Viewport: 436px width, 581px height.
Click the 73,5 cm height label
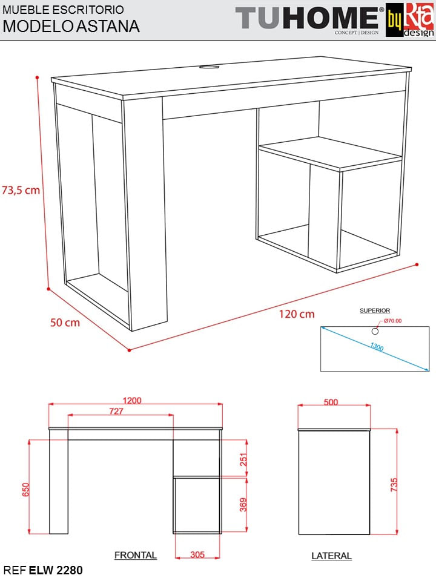pos(21,190)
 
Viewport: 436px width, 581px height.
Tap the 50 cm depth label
pos(65,323)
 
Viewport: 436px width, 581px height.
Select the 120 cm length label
pos(297,314)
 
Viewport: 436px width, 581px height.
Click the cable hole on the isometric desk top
pos(209,67)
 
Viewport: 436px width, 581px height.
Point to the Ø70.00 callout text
pos(392,321)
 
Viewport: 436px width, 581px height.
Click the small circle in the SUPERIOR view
pos(375,331)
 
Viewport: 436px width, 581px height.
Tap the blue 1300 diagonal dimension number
pos(377,347)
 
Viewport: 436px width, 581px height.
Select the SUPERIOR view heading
pos(375,310)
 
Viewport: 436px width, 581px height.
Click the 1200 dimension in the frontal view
pos(132,401)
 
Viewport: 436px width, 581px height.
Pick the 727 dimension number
pos(116,412)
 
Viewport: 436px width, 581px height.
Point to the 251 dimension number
pos(243,459)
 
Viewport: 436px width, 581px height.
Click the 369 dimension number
pos(243,505)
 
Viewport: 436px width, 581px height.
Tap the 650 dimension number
pos(25,490)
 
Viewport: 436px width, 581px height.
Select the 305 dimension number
pos(197,554)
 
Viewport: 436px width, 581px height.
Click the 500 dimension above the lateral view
pos(331,402)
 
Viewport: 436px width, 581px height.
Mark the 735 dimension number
pos(394,485)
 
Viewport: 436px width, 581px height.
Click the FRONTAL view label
pos(135,555)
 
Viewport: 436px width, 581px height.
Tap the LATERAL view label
pos(331,556)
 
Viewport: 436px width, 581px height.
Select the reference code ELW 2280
pos(56,570)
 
